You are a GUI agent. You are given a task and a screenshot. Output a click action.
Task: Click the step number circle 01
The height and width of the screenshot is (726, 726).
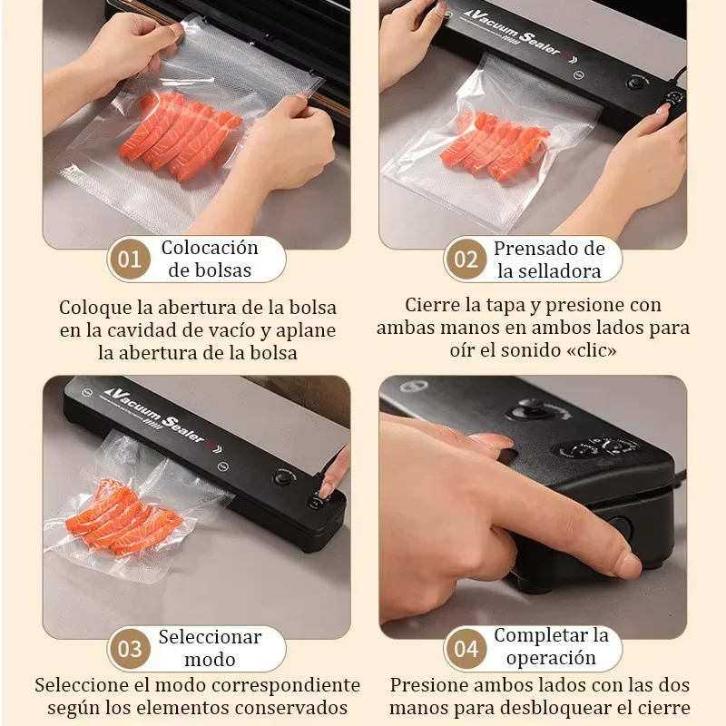tap(130, 260)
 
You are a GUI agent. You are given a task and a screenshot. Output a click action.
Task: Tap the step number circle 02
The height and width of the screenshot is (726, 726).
tap(466, 260)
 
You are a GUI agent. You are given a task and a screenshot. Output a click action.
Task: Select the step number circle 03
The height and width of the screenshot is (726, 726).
tap(130, 649)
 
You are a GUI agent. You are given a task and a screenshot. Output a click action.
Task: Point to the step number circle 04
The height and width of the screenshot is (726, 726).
tap(466, 649)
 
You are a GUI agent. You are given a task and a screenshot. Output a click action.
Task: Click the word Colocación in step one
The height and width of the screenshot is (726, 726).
tap(210, 248)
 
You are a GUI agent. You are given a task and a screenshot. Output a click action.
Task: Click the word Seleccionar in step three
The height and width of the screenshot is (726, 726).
tap(210, 637)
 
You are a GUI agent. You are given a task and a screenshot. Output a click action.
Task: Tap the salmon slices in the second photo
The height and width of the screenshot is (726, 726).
tap(495, 145)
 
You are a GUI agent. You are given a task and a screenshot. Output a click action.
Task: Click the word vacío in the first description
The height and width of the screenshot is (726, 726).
tap(227, 329)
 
